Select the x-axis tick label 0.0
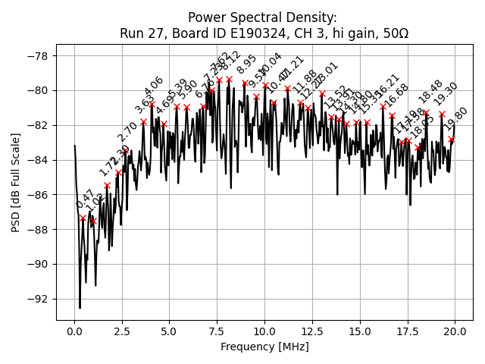coord(74,331)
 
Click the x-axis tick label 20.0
coord(455,331)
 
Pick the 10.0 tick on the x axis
coord(264,331)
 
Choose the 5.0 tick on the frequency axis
coord(170,331)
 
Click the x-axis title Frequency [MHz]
coord(264,347)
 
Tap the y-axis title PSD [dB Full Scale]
coord(16,182)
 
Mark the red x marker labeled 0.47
coord(83,218)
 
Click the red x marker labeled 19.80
coord(452,140)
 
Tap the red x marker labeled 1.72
coord(107,185)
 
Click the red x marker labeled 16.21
coord(383,107)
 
